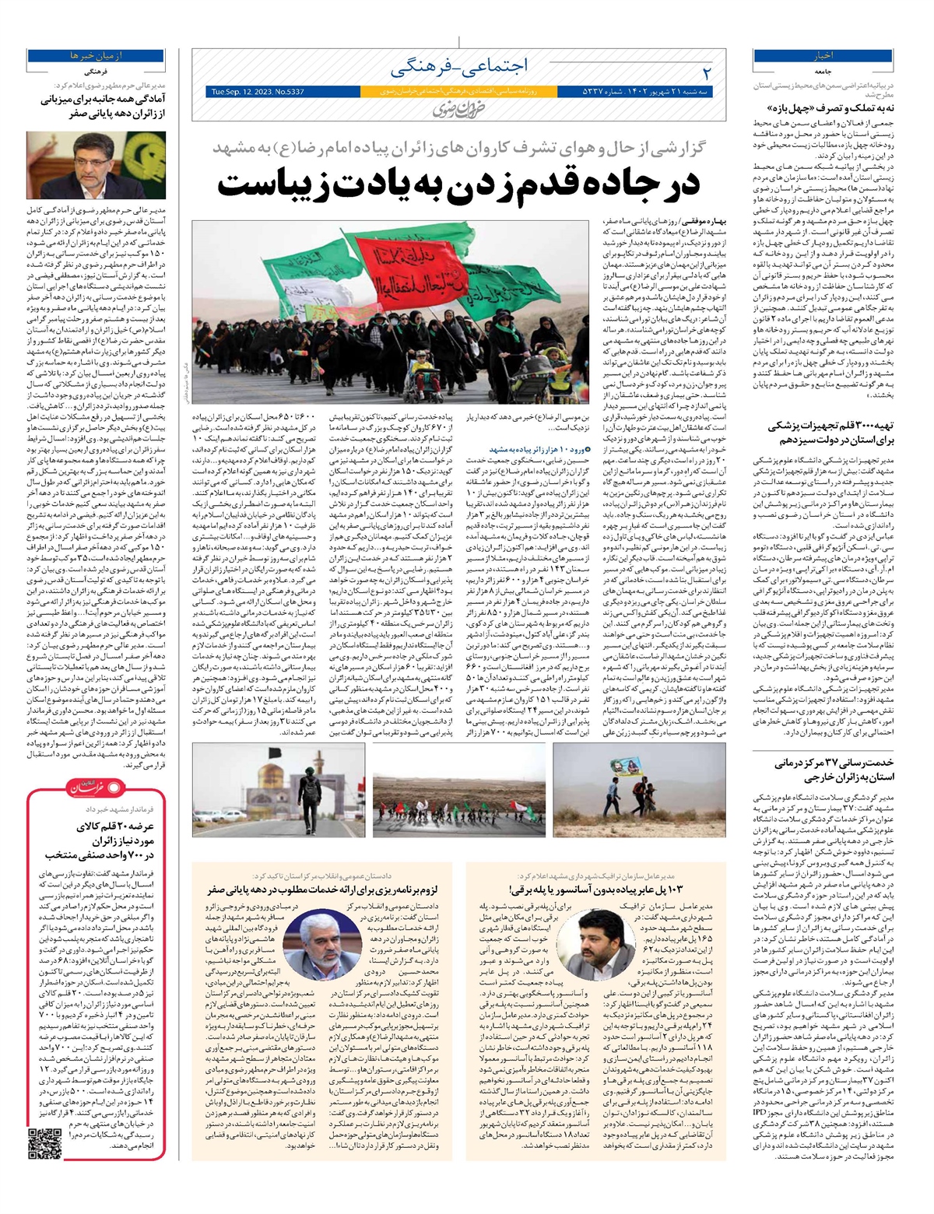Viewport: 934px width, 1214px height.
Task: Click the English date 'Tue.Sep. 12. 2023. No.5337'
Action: pyautogui.click(x=258, y=92)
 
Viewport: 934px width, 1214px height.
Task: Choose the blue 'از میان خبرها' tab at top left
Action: pyautogui.click(x=71, y=57)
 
